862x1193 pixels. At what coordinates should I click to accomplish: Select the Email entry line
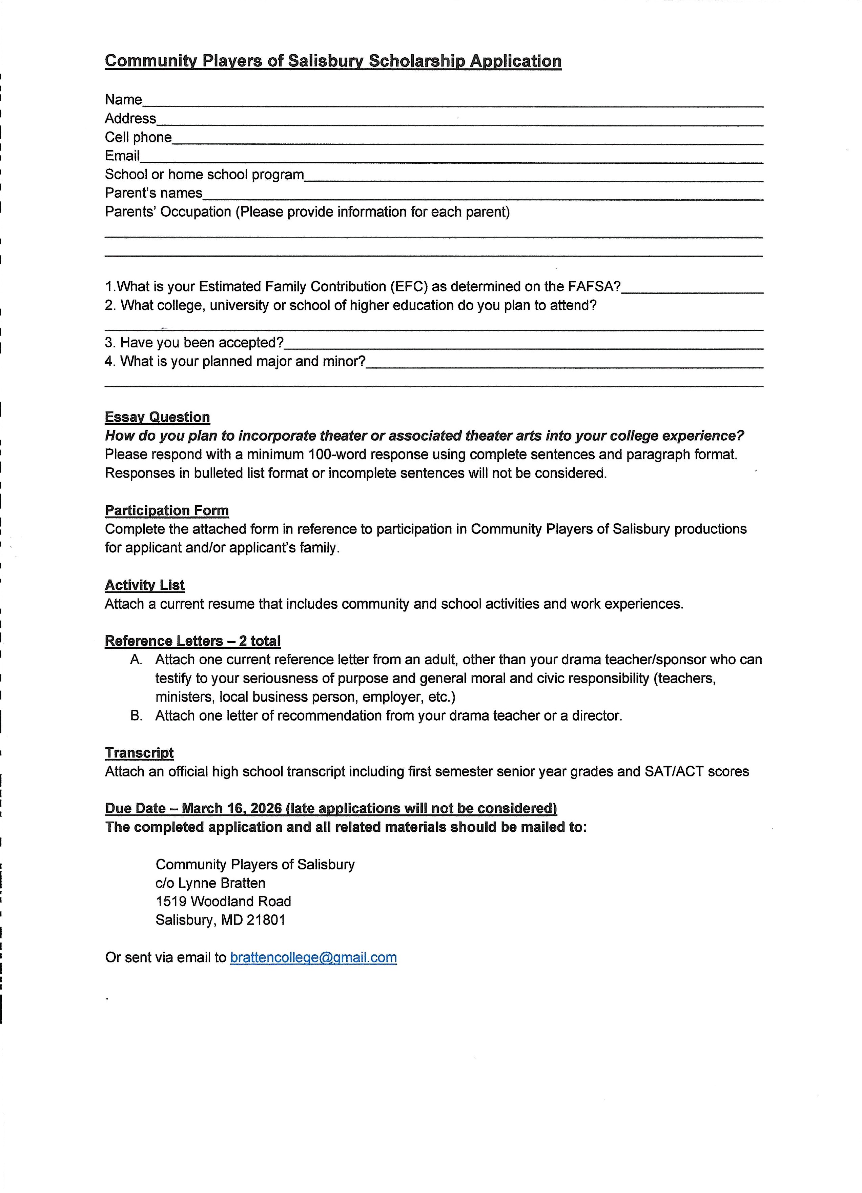click(x=451, y=159)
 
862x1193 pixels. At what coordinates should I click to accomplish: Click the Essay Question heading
click(x=157, y=417)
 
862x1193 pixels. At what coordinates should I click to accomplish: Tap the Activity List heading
click(x=145, y=585)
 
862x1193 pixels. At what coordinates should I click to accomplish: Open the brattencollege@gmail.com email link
click(x=313, y=957)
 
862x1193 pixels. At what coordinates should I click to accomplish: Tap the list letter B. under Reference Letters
click(x=136, y=715)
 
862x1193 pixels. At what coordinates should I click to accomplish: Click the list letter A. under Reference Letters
click(x=136, y=660)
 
